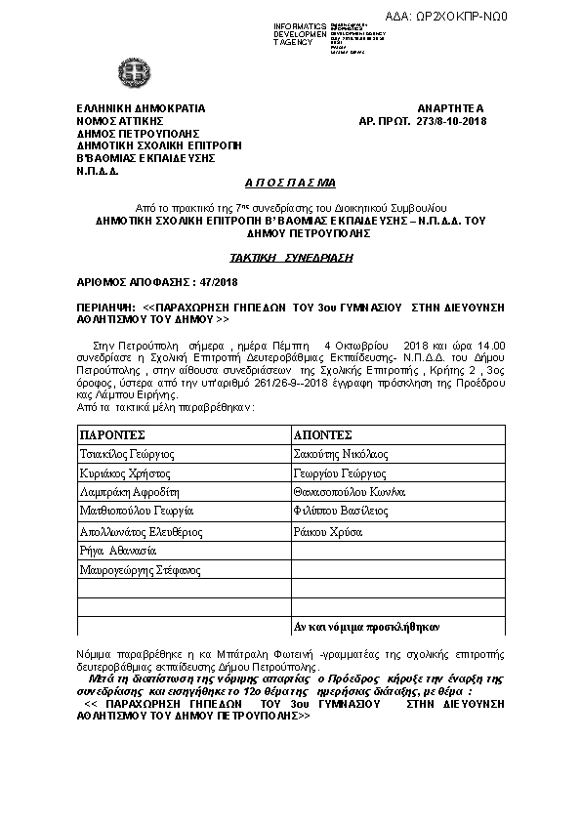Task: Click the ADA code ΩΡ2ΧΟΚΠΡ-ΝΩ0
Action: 510,17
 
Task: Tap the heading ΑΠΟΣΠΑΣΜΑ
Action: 289,183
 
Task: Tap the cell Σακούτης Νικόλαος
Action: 341,454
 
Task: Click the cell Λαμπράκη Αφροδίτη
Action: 130,492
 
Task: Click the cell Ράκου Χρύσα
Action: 328,532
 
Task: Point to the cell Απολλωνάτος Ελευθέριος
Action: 141,532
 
